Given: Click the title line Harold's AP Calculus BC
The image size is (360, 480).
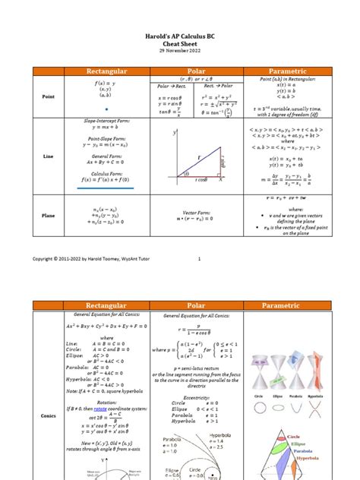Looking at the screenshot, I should [181, 36].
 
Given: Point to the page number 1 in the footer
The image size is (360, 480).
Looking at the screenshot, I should [199, 259].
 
